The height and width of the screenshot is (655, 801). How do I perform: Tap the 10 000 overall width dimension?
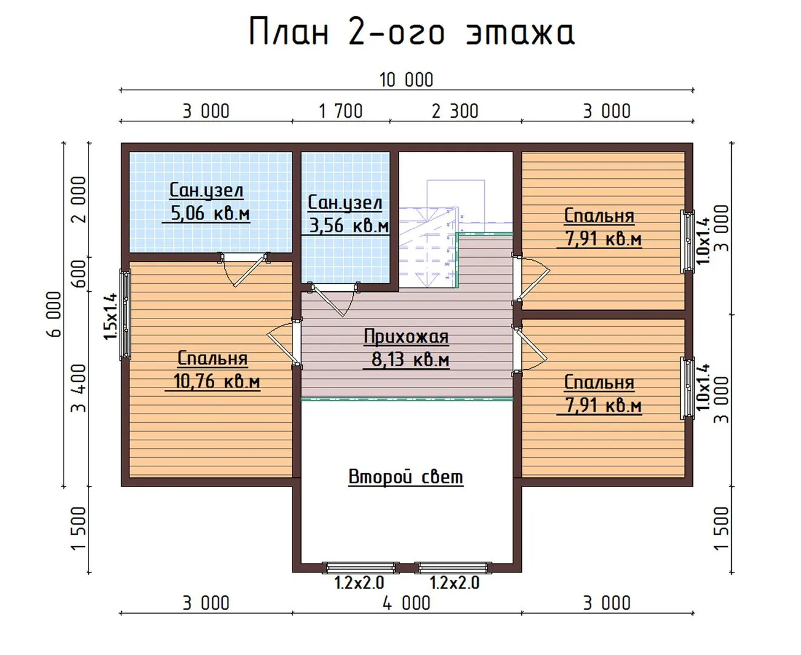(406, 79)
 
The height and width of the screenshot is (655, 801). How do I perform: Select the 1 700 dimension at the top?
(340, 111)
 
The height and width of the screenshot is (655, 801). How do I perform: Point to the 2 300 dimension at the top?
(455, 111)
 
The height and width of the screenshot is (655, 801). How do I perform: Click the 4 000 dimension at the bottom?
(406, 603)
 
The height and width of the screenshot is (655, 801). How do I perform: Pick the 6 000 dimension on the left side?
(54, 314)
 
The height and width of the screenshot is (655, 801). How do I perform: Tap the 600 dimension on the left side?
(79, 274)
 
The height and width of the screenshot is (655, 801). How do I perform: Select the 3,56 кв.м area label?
(349, 226)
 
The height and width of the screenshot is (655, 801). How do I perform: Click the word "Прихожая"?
(406, 337)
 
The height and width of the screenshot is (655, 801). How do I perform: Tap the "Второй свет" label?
(405, 477)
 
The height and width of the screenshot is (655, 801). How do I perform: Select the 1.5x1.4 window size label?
(110, 317)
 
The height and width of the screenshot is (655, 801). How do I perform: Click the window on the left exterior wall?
(126, 314)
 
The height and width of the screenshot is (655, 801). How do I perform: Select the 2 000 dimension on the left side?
(79, 200)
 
